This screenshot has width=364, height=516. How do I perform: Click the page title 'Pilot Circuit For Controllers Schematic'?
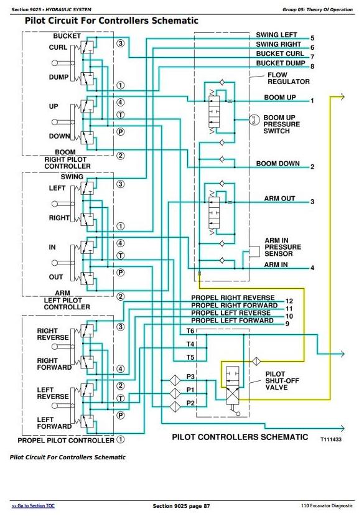click(x=111, y=21)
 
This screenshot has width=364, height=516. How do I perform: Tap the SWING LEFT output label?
click(x=276, y=35)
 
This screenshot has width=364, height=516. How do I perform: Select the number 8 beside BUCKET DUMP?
click(x=312, y=67)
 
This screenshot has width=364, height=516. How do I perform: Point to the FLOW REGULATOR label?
click(x=289, y=78)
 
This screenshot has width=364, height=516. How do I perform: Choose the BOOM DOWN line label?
click(x=278, y=164)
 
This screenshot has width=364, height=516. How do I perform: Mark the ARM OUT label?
click(x=280, y=199)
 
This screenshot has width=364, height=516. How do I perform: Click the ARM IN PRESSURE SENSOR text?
click(x=283, y=247)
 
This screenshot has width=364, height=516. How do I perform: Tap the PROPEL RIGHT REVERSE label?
click(x=233, y=298)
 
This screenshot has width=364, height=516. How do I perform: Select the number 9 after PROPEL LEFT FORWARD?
click(x=287, y=324)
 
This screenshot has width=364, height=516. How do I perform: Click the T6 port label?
click(x=190, y=331)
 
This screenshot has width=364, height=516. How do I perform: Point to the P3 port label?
click(x=190, y=377)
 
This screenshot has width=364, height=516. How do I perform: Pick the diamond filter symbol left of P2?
click(x=175, y=406)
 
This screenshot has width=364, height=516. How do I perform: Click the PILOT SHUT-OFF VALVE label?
click(x=282, y=381)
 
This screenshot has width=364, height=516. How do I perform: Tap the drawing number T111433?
click(x=331, y=439)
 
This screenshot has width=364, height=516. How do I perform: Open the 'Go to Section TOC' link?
click(x=33, y=506)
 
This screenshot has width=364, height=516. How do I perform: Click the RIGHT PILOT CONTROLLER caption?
click(x=67, y=163)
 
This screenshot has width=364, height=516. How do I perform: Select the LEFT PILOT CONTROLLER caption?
click(x=67, y=304)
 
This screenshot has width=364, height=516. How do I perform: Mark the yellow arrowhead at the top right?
click(x=342, y=97)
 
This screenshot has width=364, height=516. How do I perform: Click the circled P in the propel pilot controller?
click(x=121, y=415)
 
